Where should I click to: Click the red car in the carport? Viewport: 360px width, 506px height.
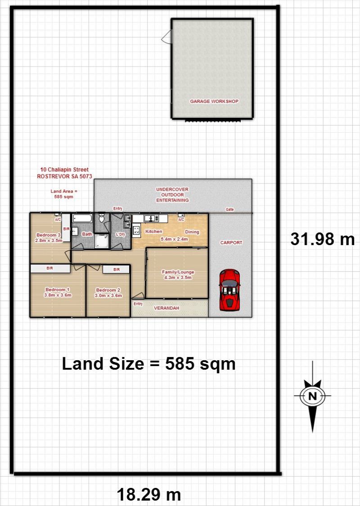(229, 290)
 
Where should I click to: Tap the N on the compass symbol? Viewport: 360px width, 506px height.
(312, 396)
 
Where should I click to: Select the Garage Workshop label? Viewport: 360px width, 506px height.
(214, 101)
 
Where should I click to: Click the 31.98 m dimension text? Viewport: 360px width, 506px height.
(323, 239)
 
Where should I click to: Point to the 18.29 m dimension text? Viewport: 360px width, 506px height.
(149, 494)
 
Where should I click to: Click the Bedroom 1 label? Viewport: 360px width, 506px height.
(58, 290)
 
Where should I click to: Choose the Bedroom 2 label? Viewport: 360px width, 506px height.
(108, 290)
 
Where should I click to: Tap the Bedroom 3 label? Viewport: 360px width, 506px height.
(49, 235)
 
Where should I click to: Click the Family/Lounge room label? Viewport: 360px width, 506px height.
(178, 272)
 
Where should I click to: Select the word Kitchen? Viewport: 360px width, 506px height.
(154, 231)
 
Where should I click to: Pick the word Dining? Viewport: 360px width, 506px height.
(192, 232)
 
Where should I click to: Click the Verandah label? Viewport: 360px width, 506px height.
(166, 308)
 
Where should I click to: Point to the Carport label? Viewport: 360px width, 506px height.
(231, 243)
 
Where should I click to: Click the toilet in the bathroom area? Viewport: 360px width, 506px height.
(102, 218)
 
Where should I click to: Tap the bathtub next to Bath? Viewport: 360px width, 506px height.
(82, 219)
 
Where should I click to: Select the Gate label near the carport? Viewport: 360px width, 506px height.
(229, 210)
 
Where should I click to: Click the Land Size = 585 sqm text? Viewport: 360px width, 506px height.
(148, 364)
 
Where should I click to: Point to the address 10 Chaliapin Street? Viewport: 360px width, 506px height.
(64, 170)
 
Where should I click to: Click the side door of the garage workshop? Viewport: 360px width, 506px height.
(166, 36)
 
